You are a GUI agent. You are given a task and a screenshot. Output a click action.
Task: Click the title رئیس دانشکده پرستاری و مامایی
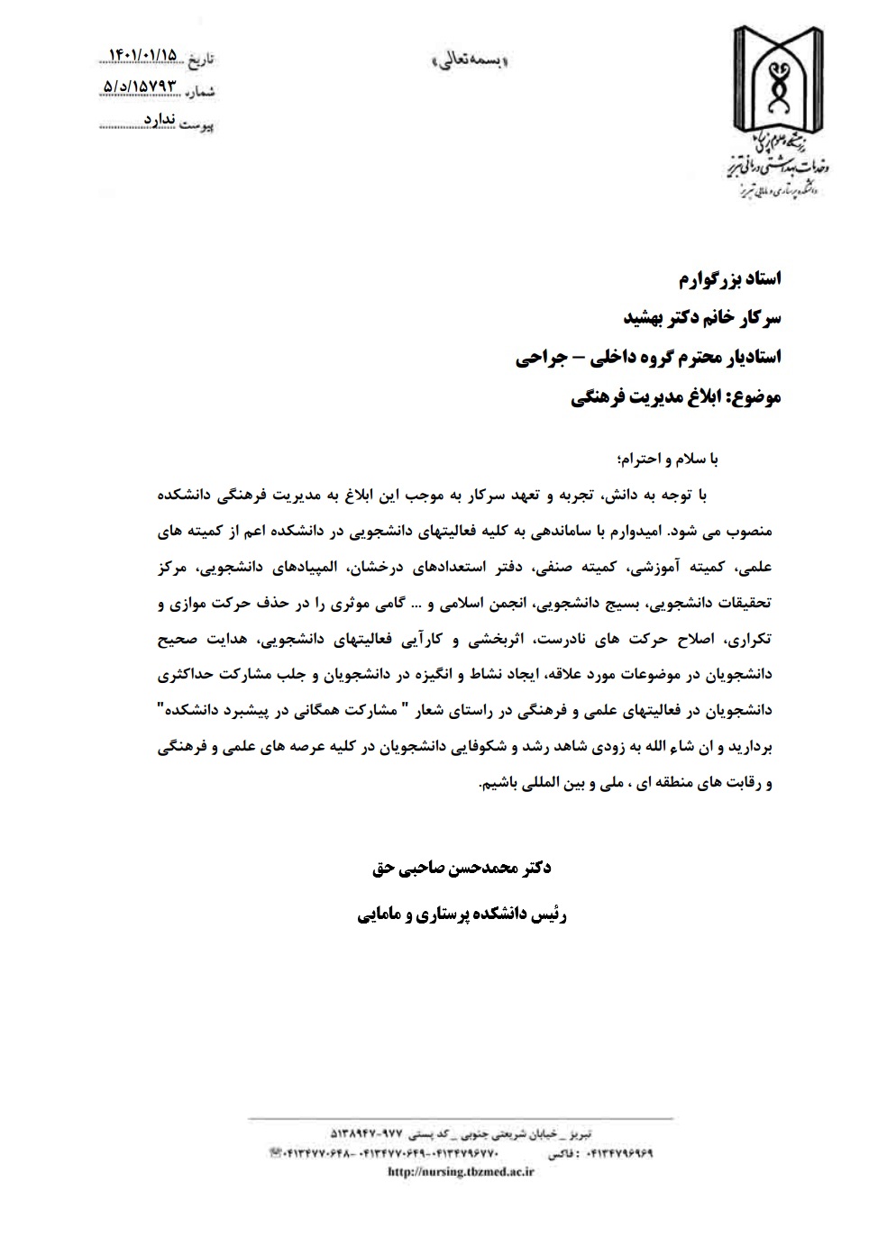click(461, 915)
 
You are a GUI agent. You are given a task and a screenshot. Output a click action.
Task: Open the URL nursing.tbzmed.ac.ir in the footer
click(461, 1172)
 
